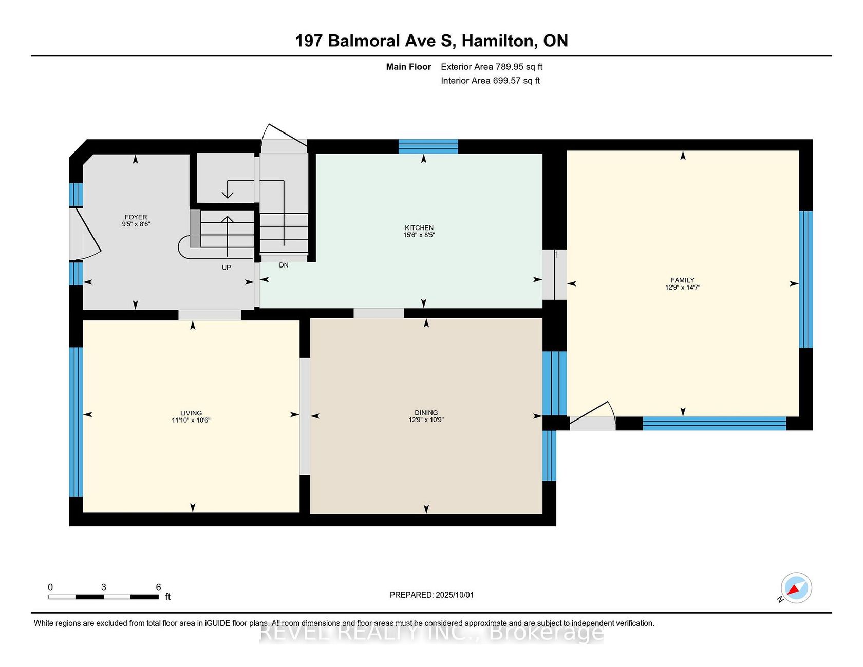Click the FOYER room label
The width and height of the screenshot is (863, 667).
tap(136, 217)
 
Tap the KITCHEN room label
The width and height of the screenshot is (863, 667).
tap(419, 228)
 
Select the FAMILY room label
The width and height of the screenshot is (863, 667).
tap(683, 280)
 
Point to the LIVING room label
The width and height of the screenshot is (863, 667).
tap(191, 413)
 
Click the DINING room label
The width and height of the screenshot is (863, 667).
tap(426, 413)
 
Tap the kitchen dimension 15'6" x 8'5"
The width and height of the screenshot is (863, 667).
tap(419, 235)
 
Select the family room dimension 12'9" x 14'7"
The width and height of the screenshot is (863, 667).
tap(683, 288)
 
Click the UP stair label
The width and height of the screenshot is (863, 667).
tap(226, 268)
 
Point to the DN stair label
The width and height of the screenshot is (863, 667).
tap(284, 265)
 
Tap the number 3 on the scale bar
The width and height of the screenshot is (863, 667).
tap(104, 587)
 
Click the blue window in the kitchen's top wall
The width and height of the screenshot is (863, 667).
tap(428, 146)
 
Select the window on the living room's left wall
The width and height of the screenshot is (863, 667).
tap(76, 422)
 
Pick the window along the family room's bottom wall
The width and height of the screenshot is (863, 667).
tap(715, 424)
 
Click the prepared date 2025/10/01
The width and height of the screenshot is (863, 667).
tap(455, 595)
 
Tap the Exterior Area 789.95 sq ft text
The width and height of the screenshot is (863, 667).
tap(492, 67)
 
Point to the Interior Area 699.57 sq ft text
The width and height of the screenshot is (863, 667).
tap(490, 81)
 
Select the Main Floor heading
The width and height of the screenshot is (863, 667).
tap(408, 67)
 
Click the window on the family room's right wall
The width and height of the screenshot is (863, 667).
tap(806, 279)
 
